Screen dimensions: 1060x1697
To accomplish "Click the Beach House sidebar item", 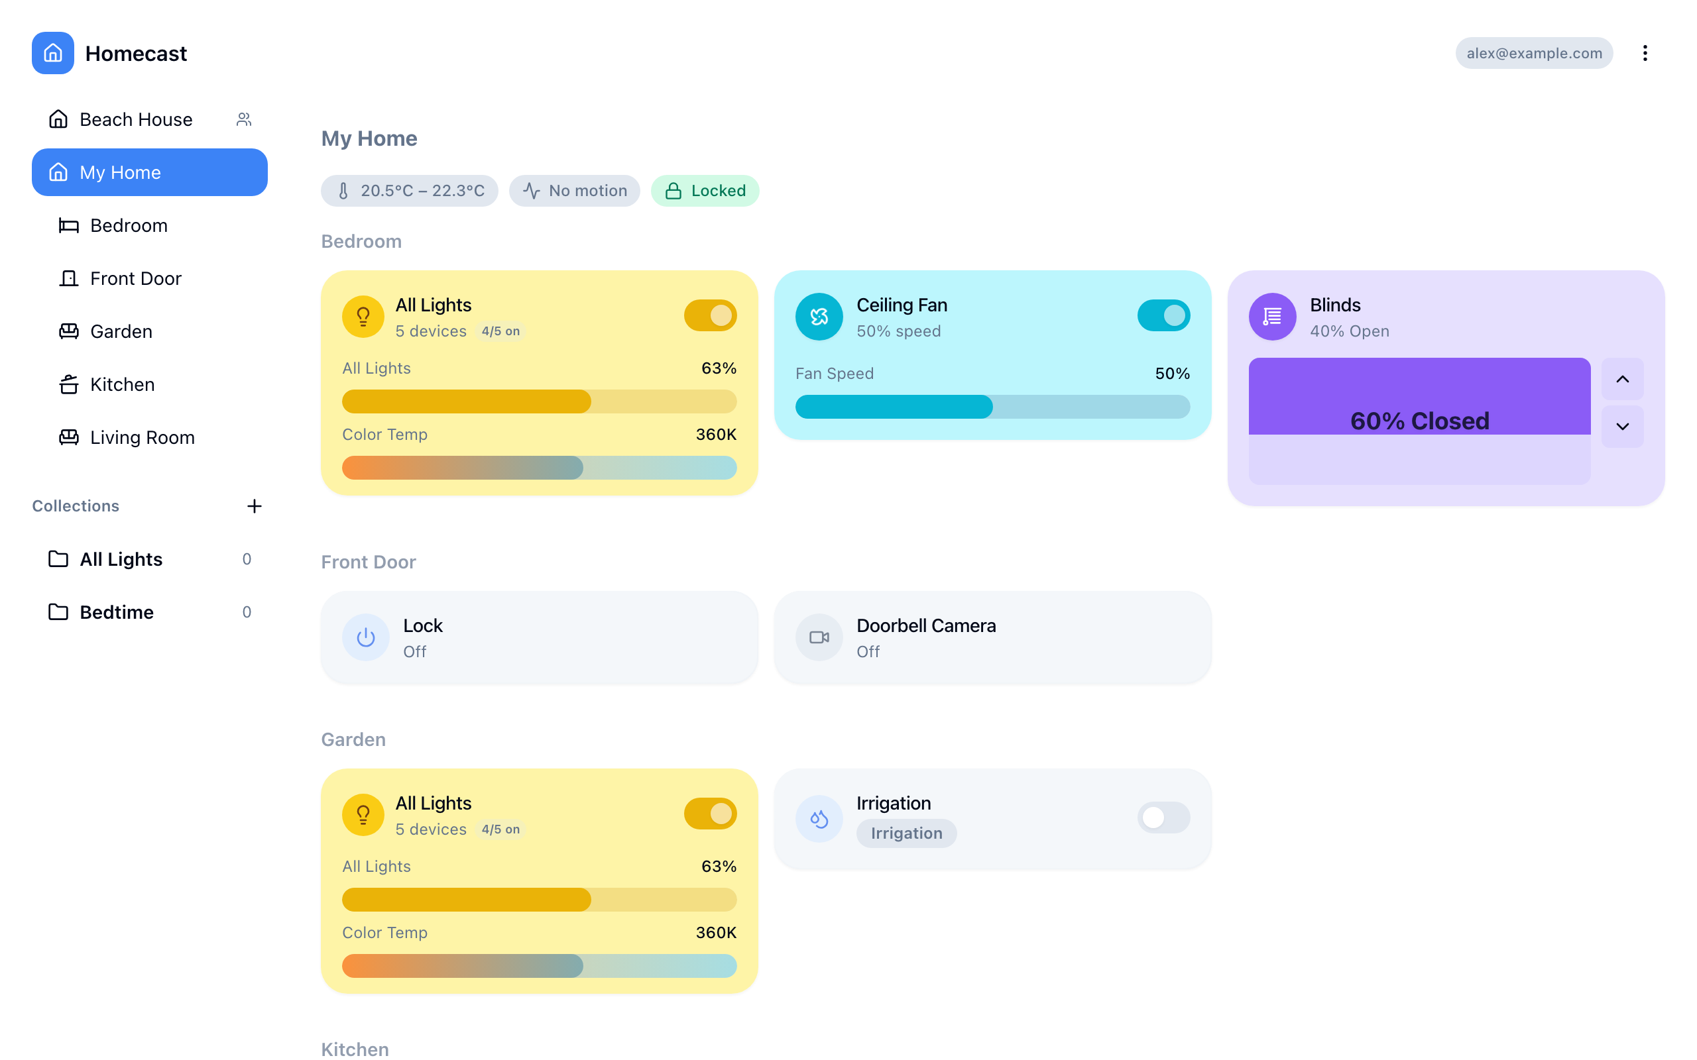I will pos(135,119).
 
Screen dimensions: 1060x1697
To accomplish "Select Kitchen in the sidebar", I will pos(122,384).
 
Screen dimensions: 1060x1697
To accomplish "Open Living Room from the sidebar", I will pos(142,437).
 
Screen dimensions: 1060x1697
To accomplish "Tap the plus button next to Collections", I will pos(255,506).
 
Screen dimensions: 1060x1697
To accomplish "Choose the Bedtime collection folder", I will pos(117,612).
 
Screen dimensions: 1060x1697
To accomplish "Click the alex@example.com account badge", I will pos(1534,53).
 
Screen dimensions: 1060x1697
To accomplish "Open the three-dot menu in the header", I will pos(1645,53).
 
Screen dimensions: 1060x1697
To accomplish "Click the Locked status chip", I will pos(705,191).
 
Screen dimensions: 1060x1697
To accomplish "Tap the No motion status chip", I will pos(574,191).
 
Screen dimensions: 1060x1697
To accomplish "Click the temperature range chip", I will pos(410,191).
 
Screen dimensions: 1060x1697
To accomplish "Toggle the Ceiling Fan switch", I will pos(1163,315).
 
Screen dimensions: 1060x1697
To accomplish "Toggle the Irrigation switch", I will pos(1163,818).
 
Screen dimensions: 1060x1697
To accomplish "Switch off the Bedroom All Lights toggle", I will pos(710,315).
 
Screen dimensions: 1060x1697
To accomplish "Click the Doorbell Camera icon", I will pos(819,637).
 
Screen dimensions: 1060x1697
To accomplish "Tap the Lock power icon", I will pos(365,637).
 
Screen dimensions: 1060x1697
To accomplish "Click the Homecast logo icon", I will pos(52,53).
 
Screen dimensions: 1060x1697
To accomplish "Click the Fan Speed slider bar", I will pos(992,407).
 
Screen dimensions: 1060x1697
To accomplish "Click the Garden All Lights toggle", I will pos(710,814).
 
